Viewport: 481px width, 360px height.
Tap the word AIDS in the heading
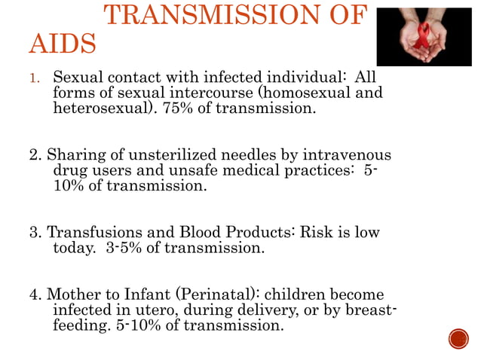pyautogui.click(x=63, y=45)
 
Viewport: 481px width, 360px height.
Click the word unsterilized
pyautogui.click(x=154, y=156)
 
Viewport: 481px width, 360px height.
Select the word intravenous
pyautogui.click(x=338, y=156)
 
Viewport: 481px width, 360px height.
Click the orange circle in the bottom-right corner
pyautogui.click(x=458, y=338)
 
